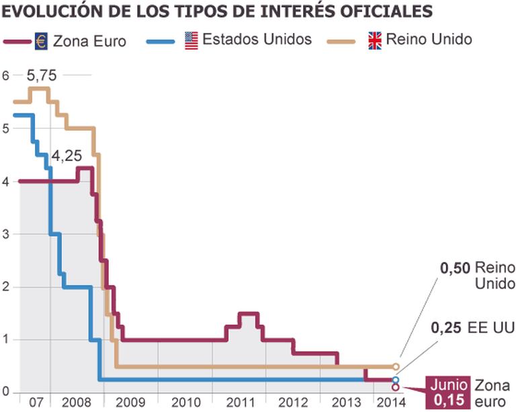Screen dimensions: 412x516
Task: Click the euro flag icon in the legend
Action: click(42, 41)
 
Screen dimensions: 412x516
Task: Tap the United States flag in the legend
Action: click(191, 40)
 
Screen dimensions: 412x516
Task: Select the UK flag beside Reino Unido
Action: click(375, 40)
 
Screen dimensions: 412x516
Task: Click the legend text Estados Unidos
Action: click(257, 40)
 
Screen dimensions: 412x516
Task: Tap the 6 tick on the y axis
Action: click(5, 76)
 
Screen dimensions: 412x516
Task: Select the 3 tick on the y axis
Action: click(5, 234)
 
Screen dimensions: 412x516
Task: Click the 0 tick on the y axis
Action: click(5, 393)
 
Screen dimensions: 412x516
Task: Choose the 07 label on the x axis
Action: click(36, 403)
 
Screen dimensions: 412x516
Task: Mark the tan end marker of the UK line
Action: click(396, 367)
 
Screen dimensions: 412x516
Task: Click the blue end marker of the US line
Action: click(396, 380)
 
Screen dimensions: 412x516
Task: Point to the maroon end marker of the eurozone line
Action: click(396, 387)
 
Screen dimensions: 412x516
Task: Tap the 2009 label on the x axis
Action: click(129, 403)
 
